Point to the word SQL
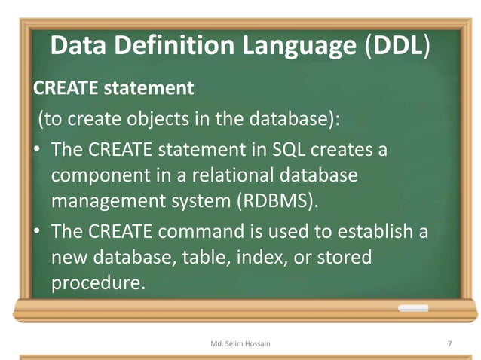click(290, 150)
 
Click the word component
click(103, 176)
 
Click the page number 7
click(449, 343)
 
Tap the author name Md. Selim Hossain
click(241, 343)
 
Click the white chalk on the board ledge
click(413, 308)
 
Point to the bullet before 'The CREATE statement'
click(37, 150)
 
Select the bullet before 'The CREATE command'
click(37, 231)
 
